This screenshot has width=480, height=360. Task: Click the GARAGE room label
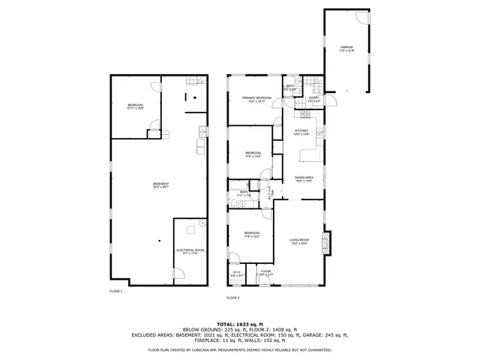(x=346, y=47)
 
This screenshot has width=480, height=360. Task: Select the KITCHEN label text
(x=301, y=130)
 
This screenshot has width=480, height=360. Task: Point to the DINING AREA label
(x=303, y=177)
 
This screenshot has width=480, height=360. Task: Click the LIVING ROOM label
(x=299, y=239)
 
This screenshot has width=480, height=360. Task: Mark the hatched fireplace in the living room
(x=325, y=241)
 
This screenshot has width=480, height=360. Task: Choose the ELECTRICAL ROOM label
(x=190, y=250)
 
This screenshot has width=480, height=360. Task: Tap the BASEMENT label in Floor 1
(x=160, y=184)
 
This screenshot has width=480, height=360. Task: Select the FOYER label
(x=265, y=271)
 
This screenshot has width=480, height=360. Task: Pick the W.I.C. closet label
(x=237, y=272)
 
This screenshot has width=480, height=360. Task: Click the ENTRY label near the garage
(x=313, y=97)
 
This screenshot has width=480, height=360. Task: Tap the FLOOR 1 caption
(x=115, y=290)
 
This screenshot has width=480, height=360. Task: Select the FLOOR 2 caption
(x=232, y=298)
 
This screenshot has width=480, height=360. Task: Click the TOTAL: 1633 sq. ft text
(x=239, y=322)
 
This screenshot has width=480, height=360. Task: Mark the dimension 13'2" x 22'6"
(x=299, y=244)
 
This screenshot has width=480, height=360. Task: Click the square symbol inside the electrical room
(x=190, y=229)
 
